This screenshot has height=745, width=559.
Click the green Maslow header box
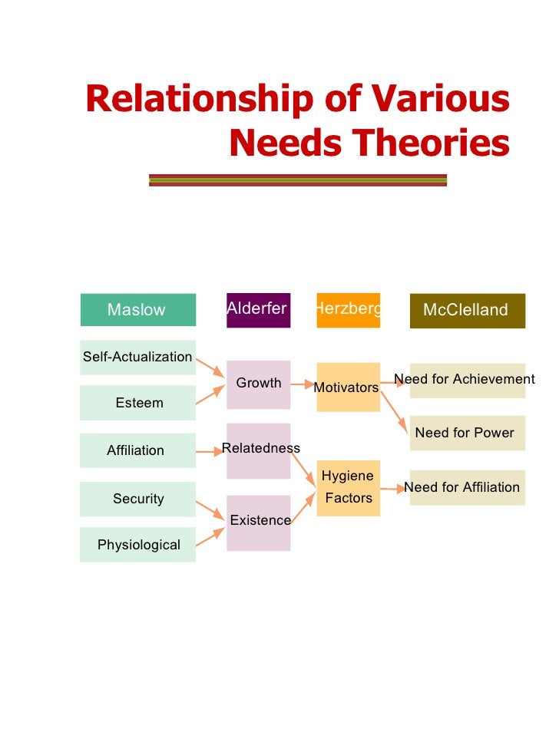click(x=137, y=310)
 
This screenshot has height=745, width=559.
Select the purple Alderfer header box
click(x=258, y=309)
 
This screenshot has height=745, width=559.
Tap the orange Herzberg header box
click(x=348, y=309)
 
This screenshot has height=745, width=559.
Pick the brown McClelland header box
click(x=467, y=310)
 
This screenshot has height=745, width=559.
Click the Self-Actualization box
click(x=137, y=357)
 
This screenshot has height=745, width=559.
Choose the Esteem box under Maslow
click(x=137, y=403)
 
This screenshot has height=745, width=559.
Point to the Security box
click(x=137, y=499)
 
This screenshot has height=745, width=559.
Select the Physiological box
click(x=137, y=545)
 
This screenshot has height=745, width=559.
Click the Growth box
click(x=258, y=384)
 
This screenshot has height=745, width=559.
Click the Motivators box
click(x=348, y=387)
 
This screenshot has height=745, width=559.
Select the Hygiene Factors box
click(x=348, y=488)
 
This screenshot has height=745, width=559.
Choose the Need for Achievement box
click(x=467, y=381)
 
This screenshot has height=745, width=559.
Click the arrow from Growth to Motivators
click(x=303, y=384)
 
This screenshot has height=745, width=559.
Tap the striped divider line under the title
click(x=297, y=180)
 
